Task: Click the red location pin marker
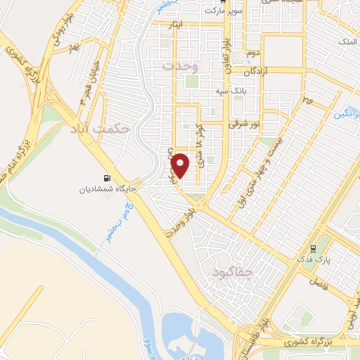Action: (181, 165)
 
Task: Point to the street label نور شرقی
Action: (245, 124)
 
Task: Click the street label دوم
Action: (254, 53)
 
